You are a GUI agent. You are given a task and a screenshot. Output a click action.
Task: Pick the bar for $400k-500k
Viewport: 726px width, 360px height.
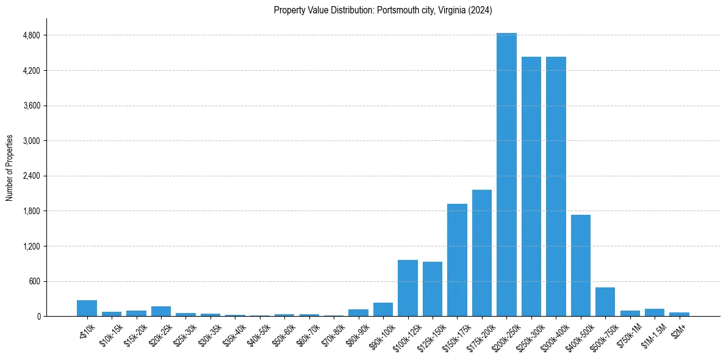tap(581, 265)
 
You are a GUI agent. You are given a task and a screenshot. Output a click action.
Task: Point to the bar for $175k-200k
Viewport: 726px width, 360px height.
tap(482, 253)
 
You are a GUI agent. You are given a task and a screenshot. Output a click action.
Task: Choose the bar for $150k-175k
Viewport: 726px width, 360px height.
tap(457, 260)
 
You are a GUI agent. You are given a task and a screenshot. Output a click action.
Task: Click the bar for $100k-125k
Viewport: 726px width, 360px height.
tap(408, 288)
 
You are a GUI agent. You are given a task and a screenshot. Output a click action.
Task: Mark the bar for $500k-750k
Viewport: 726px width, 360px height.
tap(605, 301)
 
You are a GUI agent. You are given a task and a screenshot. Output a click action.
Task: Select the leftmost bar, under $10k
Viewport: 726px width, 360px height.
tap(87, 308)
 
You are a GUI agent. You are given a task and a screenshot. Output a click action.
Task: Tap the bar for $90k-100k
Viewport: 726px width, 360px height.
tap(383, 309)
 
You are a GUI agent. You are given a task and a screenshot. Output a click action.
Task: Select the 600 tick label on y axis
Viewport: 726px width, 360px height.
tap(34, 281)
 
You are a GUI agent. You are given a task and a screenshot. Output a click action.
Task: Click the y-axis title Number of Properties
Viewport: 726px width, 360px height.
tap(10, 168)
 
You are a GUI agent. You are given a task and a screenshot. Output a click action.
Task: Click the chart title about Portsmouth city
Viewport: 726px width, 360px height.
tap(383, 10)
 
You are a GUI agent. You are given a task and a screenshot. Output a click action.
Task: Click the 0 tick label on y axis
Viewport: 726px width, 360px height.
tap(38, 317)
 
